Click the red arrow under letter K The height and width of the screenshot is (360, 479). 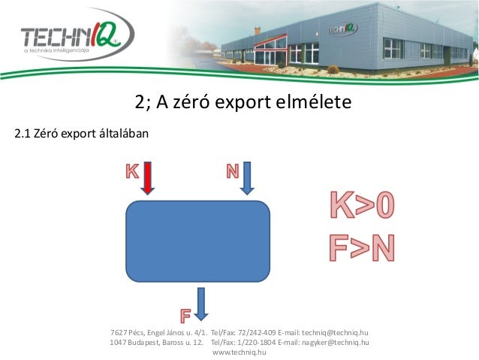click(148, 177)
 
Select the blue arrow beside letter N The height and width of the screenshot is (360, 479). click(248, 177)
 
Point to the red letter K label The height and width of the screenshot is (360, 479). click(131, 171)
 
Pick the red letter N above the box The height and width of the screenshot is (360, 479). click(233, 171)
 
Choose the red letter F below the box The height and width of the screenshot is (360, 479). click(185, 312)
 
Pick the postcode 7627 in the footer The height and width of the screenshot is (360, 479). click(118, 332)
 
